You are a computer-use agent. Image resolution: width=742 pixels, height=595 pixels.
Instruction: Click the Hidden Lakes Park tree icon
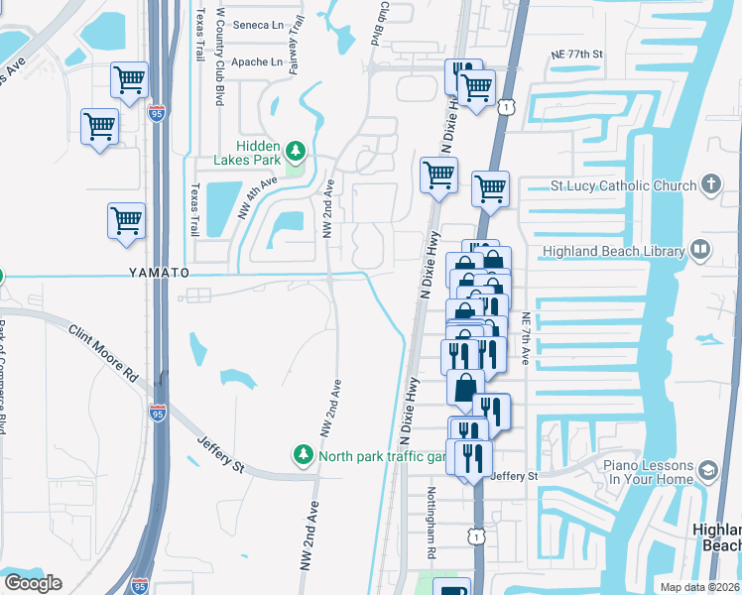(x=295, y=151)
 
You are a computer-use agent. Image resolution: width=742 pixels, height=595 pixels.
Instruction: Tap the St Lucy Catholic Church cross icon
(x=710, y=184)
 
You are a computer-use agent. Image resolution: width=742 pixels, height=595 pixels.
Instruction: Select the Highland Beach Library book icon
(x=700, y=250)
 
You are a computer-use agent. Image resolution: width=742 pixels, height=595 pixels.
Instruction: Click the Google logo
(x=33, y=583)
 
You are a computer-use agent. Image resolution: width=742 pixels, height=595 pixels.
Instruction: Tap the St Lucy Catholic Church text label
(x=623, y=185)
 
